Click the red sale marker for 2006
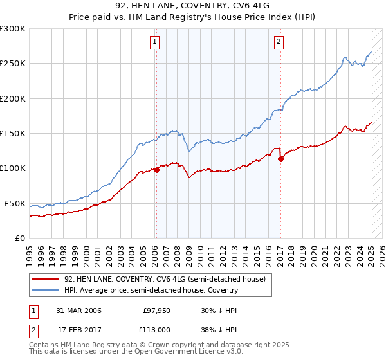click(156, 170)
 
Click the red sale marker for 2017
click(280, 159)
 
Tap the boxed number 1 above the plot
click(156, 43)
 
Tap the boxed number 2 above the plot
click(279, 43)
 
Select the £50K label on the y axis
click(14, 203)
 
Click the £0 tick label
click(19, 238)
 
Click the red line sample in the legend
click(46, 279)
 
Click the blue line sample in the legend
click(46, 290)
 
